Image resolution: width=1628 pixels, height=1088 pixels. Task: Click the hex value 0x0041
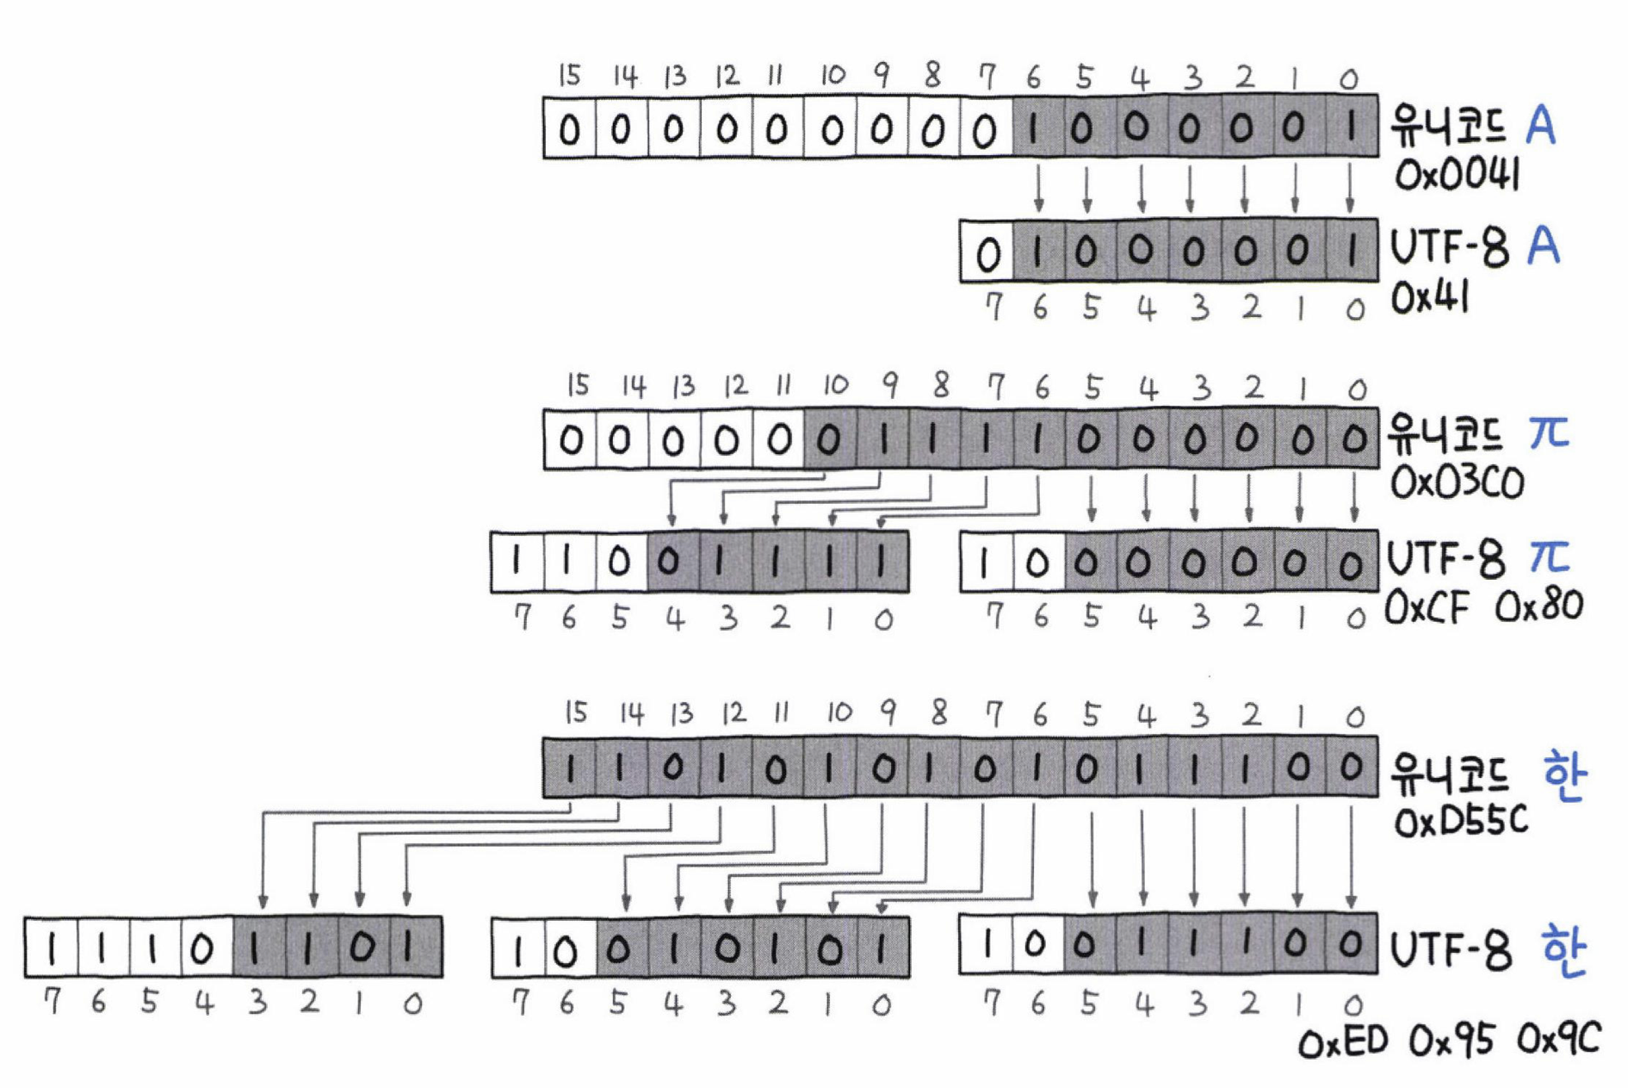point(1456,177)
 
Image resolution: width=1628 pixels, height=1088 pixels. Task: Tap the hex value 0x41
point(1429,298)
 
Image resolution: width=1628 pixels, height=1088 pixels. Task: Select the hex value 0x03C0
point(1457,483)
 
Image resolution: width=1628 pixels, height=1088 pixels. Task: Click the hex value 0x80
point(1538,607)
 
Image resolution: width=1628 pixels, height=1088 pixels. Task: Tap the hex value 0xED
point(1342,1041)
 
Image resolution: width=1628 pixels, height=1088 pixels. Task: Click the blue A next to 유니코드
point(1540,127)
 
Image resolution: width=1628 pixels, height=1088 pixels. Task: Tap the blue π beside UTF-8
point(1549,556)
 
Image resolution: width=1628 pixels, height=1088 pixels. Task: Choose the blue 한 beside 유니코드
point(1563,775)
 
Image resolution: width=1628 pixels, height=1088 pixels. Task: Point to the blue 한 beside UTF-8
point(1563,951)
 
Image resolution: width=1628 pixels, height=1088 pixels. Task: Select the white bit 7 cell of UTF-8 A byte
point(987,252)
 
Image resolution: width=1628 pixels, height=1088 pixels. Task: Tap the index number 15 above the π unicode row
point(577,385)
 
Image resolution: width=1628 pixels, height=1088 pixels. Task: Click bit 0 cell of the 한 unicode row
point(1352,768)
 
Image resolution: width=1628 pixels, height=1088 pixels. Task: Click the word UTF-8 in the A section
point(1450,249)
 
